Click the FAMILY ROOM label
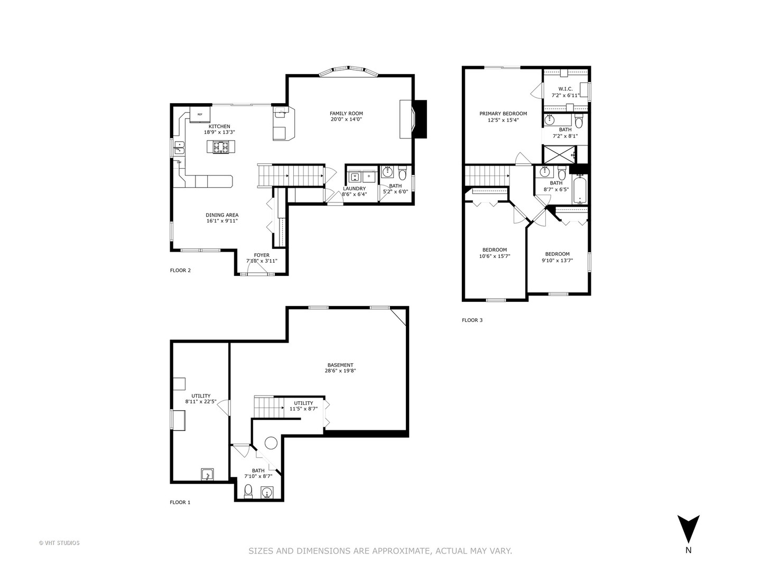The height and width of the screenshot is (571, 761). (346, 113)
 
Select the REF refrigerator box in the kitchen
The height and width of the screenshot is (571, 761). (200, 114)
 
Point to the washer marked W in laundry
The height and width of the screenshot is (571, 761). (355, 177)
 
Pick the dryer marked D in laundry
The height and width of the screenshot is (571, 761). (369, 177)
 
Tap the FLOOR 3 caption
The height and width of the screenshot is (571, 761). (472, 320)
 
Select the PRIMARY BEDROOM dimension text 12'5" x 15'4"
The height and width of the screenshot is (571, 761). (503, 121)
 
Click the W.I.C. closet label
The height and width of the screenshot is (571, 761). (565, 89)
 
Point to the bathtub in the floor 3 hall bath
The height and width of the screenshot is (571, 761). (580, 190)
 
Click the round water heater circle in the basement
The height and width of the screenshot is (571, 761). (271, 443)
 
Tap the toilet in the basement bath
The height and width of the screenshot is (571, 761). (248, 492)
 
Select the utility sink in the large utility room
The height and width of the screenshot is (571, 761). (207, 474)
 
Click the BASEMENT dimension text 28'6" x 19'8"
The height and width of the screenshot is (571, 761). (340, 371)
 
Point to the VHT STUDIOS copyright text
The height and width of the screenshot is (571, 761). (59, 543)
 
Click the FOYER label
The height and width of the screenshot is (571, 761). (262, 255)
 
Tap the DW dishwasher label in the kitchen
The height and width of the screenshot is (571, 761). (179, 162)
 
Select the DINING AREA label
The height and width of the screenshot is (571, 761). (222, 215)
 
